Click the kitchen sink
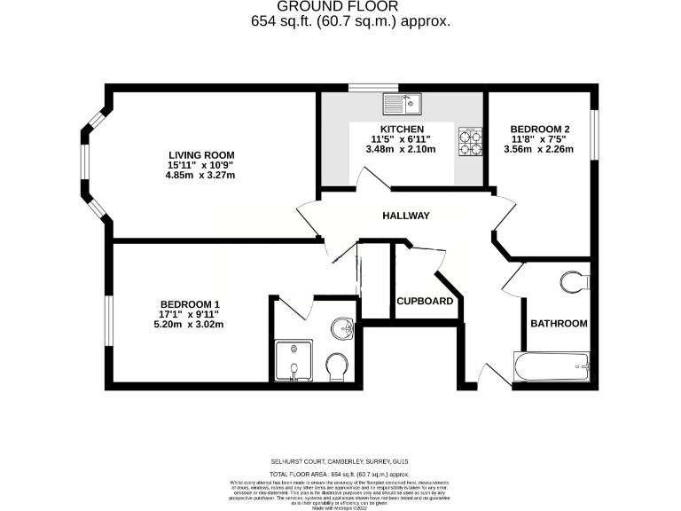pos(403,106)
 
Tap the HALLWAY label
pos(406,216)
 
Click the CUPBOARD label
pos(426,302)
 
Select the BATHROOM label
pos(559,324)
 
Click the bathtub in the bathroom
pos(552,365)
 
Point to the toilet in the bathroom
pos(575,282)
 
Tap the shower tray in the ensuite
pos(292,363)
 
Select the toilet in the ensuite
pos(337,366)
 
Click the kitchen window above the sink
pos(361,87)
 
